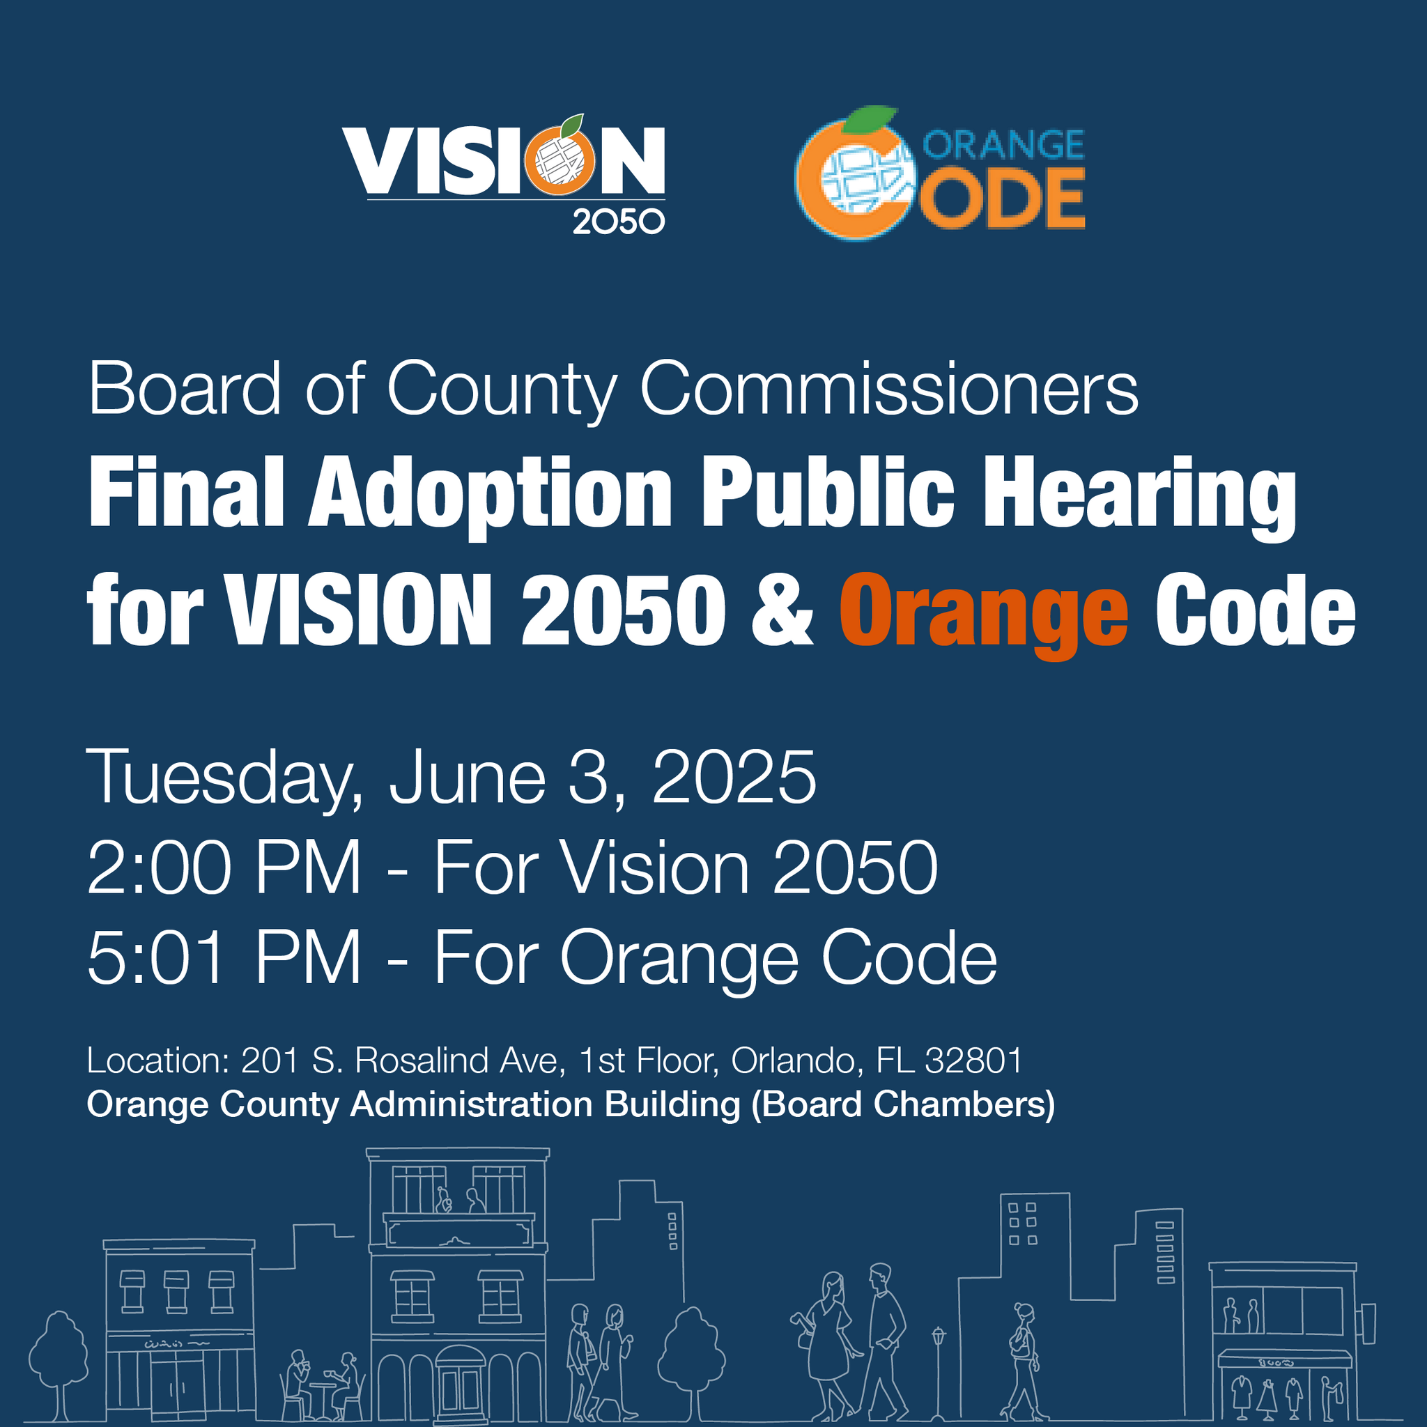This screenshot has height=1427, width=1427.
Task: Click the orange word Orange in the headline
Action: (983, 612)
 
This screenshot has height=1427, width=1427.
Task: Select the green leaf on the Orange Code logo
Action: (870, 120)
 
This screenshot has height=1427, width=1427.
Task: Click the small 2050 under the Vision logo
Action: (618, 222)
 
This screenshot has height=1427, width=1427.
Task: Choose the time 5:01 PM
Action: (224, 958)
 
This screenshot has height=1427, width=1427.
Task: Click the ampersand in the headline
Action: (782, 612)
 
